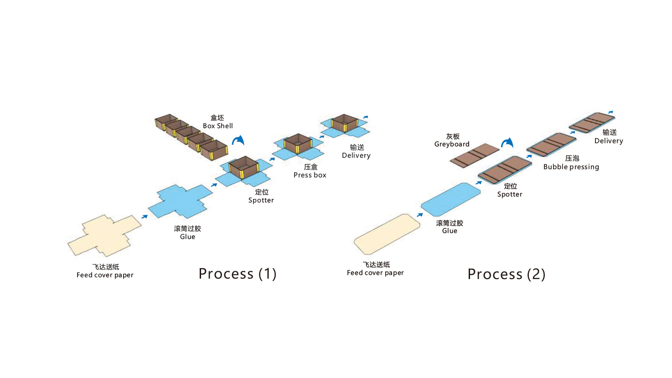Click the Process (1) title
click(238, 274)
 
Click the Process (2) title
click(507, 274)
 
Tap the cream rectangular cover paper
click(387, 234)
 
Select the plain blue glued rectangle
click(450, 199)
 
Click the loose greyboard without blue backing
click(475, 155)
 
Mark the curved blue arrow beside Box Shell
click(238, 140)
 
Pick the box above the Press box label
click(298, 144)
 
